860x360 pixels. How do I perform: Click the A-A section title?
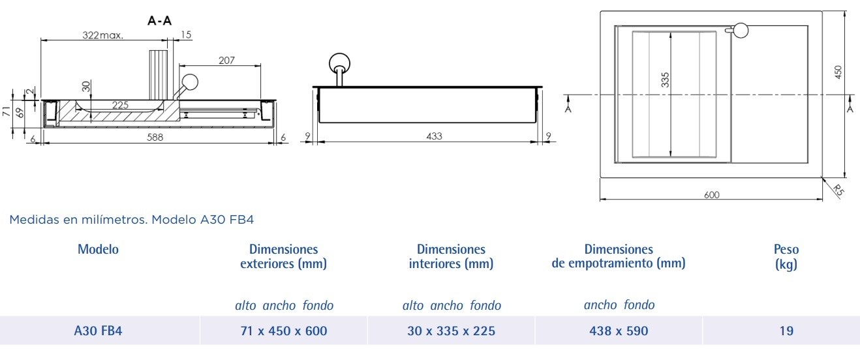[159, 21]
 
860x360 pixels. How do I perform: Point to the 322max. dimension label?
[102, 35]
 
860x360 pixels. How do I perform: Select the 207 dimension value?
[226, 60]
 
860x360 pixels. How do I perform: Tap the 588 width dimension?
[155, 137]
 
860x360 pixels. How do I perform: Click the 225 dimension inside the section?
[120, 105]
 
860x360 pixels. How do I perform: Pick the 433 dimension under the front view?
[434, 136]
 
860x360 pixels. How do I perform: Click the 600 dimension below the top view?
[711, 194]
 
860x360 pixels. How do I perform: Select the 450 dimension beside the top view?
[838, 72]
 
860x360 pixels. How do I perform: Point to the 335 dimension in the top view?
[665, 80]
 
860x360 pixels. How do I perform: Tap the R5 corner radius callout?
[838, 190]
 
